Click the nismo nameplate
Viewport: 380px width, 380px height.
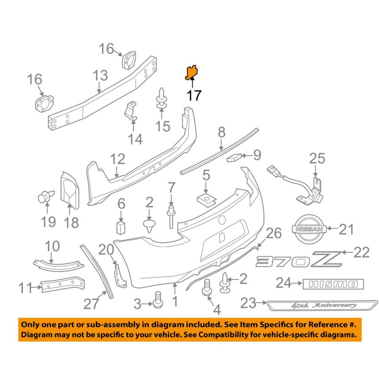click(x=333, y=284)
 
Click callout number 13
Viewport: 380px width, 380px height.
click(x=100, y=76)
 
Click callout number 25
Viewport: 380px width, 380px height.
click(x=318, y=159)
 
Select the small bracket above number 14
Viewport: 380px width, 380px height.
click(x=131, y=111)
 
